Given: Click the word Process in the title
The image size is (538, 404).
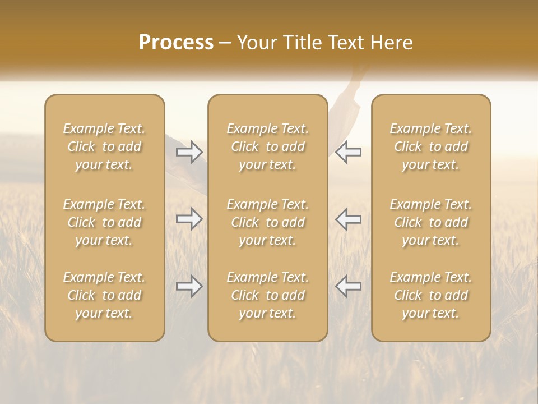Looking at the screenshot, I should (x=176, y=43).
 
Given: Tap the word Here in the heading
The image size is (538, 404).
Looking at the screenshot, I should (x=392, y=43).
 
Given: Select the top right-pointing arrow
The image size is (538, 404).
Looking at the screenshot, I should (x=189, y=152).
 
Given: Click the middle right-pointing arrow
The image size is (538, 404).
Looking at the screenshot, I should (x=189, y=219).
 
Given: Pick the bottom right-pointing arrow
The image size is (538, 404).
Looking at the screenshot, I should (x=189, y=286).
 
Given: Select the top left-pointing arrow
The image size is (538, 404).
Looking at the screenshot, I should (x=349, y=152).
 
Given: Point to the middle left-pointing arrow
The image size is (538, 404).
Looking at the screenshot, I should (x=349, y=219).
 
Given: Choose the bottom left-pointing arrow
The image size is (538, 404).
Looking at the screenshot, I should (x=349, y=286).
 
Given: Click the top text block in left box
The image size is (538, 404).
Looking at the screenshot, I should (x=104, y=146).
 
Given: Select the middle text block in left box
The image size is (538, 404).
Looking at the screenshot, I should (x=104, y=222).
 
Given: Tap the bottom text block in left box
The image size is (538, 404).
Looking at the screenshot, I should (x=104, y=295).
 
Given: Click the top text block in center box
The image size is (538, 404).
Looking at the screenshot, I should (x=267, y=146).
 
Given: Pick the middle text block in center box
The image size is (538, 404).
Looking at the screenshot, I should (x=267, y=222).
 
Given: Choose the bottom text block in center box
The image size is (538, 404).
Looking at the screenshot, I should (x=267, y=295).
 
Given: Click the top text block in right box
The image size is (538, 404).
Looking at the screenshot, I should (x=431, y=146).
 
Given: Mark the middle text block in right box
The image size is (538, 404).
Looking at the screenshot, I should (x=431, y=222).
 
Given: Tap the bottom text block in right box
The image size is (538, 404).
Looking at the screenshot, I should (x=431, y=295).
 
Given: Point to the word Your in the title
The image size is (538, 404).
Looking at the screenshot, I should (x=256, y=43).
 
